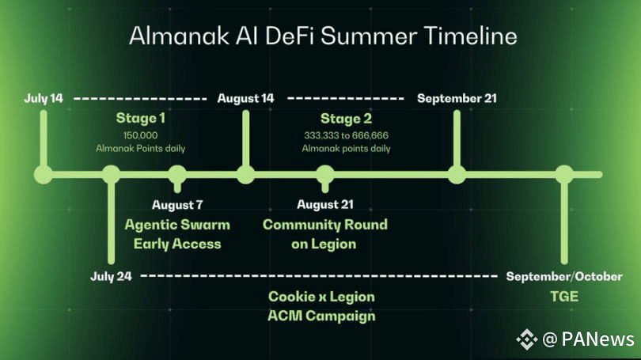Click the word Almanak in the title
tap(179, 36)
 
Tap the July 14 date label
tap(44, 98)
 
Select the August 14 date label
tap(245, 98)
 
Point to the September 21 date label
tap(457, 98)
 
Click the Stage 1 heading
tap(141, 118)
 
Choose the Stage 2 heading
tap(346, 119)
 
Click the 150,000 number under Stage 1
tap(140, 135)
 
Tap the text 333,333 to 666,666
tap(346, 135)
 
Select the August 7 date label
tap(177, 205)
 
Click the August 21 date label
tap(325, 204)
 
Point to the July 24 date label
tap(112, 276)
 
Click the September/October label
tap(564, 277)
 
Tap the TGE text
tap(564, 296)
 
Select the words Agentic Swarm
tap(177, 225)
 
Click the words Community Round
tap(325, 225)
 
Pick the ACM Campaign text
tap(321, 316)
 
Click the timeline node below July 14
tap(44, 175)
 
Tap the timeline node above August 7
tap(177, 175)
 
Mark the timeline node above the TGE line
tap(564, 175)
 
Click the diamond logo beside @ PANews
tap(526, 339)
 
